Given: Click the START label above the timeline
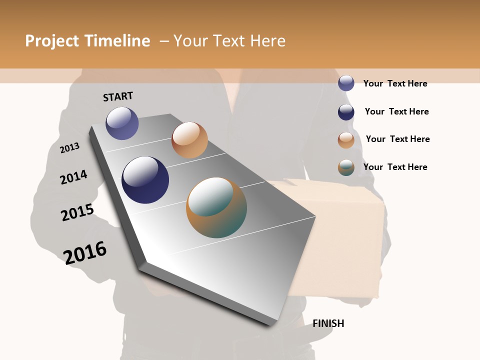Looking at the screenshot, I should pos(118,96).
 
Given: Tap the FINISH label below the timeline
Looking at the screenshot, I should pos(328,323).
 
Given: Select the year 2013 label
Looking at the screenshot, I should pos(70,147).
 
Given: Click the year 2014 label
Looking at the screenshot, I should pos(74,177).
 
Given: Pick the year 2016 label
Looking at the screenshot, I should pos(85,252).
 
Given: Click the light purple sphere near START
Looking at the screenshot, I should pos(122,123).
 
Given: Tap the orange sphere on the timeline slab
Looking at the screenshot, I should pos(189,140).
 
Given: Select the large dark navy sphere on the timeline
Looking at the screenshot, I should pos(145,180).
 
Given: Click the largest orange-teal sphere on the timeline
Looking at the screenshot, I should pos(216,207).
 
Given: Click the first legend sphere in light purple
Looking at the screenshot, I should pos(346,83).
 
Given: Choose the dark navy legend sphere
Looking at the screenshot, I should pos(346,112).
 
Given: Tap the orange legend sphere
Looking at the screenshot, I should pos(346,140).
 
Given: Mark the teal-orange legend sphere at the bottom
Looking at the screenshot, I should pos(346,167).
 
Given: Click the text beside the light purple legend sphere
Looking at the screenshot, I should pos(395,83).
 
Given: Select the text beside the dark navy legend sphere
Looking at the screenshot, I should pos(396,111).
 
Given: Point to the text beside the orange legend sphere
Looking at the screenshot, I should pos(397,139).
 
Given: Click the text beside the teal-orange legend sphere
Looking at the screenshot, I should pos(395,167).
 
